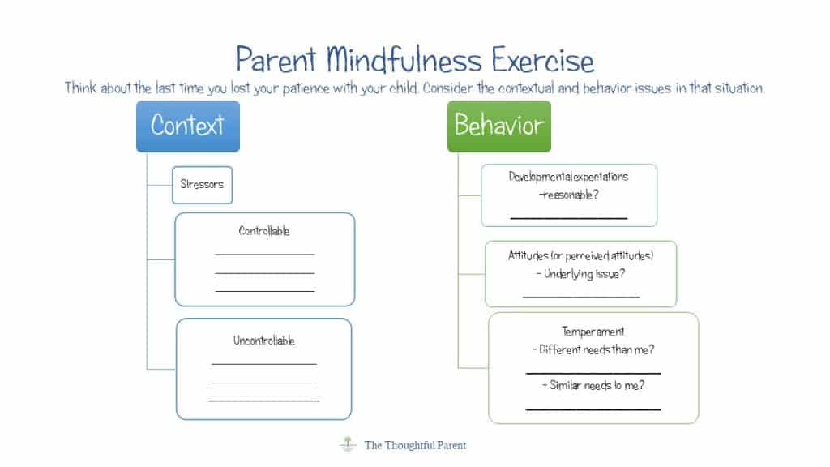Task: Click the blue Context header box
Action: (x=187, y=126)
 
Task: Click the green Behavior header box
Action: (x=498, y=126)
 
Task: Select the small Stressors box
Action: (x=202, y=184)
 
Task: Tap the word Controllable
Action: (x=264, y=231)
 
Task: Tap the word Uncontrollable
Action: (x=264, y=341)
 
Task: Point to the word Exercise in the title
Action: (x=532, y=61)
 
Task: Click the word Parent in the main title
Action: (x=276, y=61)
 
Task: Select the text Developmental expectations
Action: (x=568, y=177)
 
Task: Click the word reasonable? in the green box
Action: (x=568, y=195)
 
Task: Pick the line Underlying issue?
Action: (x=580, y=274)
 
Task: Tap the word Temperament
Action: (x=593, y=332)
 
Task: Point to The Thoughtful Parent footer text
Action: (x=415, y=445)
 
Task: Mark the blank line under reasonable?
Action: (x=568, y=217)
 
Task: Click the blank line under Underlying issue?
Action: (x=580, y=296)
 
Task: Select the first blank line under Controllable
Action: (x=264, y=254)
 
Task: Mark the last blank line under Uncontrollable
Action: (x=264, y=400)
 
